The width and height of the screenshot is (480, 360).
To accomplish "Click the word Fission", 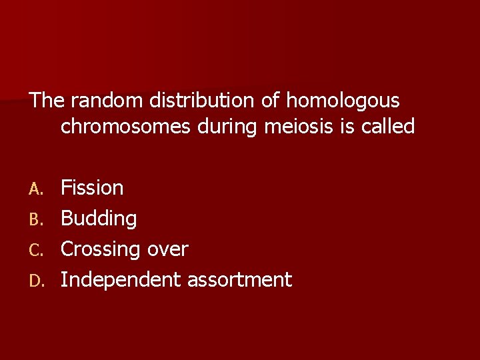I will click(x=92, y=188).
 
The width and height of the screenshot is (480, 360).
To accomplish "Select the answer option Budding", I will click(x=99, y=219).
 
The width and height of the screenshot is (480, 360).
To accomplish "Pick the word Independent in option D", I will click(x=121, y=280).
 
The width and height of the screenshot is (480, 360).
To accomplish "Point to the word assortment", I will click(x=239, y=280).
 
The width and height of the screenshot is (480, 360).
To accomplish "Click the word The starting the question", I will click(x=47, y=101).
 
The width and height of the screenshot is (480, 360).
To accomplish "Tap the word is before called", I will click(x=347, y=126).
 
